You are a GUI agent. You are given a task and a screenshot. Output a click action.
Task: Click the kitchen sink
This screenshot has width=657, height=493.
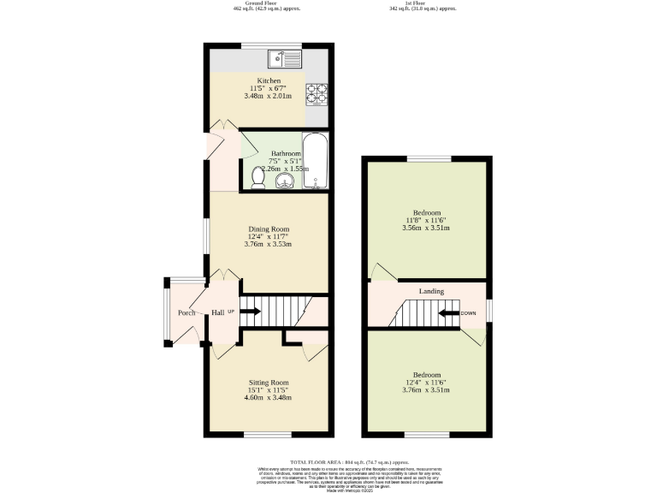pyautogui.click(x=285, y=59)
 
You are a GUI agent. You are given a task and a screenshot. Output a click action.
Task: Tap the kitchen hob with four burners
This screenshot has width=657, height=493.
pyautogui.click(x=317, y=93)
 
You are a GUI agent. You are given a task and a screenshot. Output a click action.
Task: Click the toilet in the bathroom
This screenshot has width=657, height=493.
pyautogui.click(x=258, y=177)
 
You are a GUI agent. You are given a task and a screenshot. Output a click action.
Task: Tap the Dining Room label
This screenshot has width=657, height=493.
pyautogui.click(x=269, y=229)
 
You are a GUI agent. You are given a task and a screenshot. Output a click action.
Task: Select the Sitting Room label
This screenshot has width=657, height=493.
pyautogui.click(x=268, y=382)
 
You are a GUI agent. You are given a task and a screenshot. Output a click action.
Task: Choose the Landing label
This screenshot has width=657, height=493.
pyautogui.click(x=431, y=291)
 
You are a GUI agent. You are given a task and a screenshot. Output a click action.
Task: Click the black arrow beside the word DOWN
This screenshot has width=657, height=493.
pyautogui.click(x=448, y=313)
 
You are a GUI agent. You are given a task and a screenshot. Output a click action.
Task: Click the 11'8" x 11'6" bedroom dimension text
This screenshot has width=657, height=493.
pyautogui.click(x=427, y=221)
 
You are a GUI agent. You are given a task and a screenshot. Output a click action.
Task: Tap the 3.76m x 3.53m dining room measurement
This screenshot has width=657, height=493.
pyautogui.click(x=269, y=244)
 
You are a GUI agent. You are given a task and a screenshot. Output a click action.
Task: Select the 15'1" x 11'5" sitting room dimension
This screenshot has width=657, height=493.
pyautogui.click(x=268, y=390)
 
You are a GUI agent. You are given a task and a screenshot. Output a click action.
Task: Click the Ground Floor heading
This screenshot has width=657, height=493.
pyautogui.click(x=265, y=3)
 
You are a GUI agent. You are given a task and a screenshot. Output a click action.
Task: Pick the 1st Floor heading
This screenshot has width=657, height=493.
pyautogui.click(x=419, y=3)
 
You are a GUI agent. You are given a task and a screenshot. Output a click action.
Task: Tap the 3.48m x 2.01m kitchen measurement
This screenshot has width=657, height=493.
pyautogui.click(x=269, y=96)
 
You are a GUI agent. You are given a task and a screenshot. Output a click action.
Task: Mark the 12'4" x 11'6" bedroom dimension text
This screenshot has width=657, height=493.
pyautogui.click(x=427, y=383)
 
